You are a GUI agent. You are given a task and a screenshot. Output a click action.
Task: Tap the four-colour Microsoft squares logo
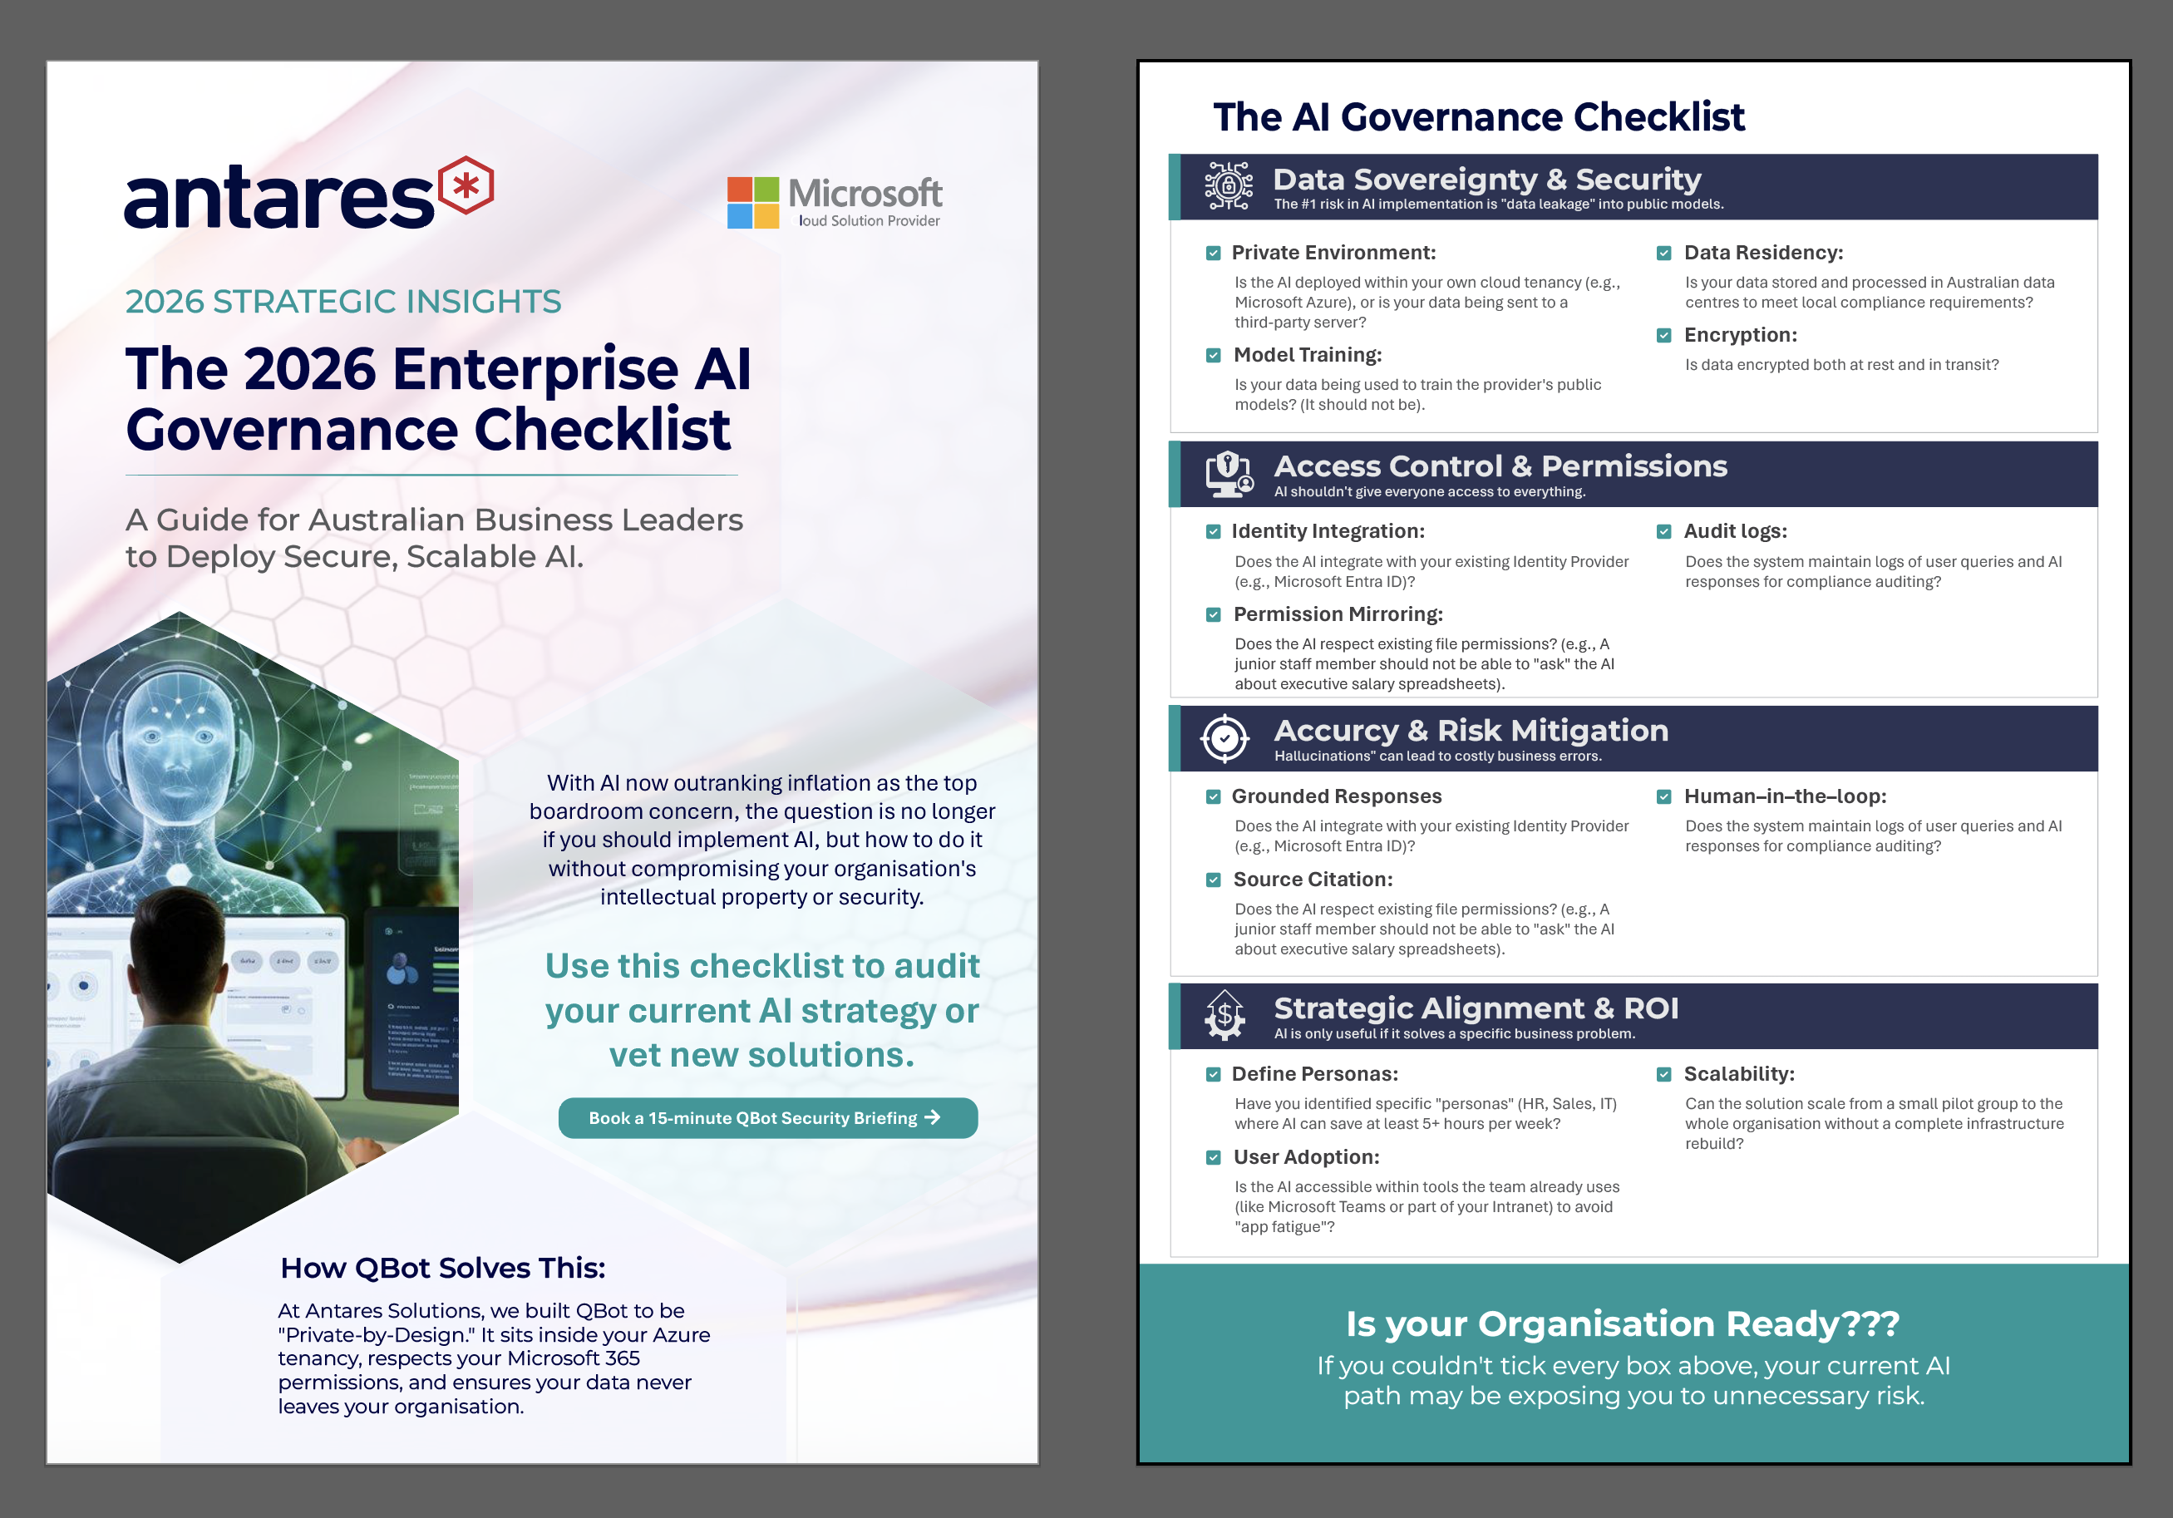pos(752,203)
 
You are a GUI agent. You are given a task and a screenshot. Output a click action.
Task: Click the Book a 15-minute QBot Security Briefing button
pos(766,1117)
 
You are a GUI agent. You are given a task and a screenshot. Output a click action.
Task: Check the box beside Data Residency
pos(1663,254)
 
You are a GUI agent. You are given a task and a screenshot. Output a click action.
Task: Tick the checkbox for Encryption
pos(1663,336)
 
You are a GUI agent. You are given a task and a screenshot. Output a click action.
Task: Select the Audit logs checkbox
pos(1663,532)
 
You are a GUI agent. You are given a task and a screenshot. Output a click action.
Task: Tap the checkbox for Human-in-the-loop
pos(1663,797)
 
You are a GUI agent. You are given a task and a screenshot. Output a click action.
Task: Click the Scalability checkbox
pos(1663,1074)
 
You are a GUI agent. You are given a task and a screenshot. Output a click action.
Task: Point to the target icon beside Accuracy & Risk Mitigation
pos(1224,738)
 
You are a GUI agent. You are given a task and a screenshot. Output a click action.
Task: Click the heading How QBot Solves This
pos(442,1268)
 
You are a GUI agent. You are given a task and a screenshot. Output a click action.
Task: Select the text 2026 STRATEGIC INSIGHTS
pos(342,302)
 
